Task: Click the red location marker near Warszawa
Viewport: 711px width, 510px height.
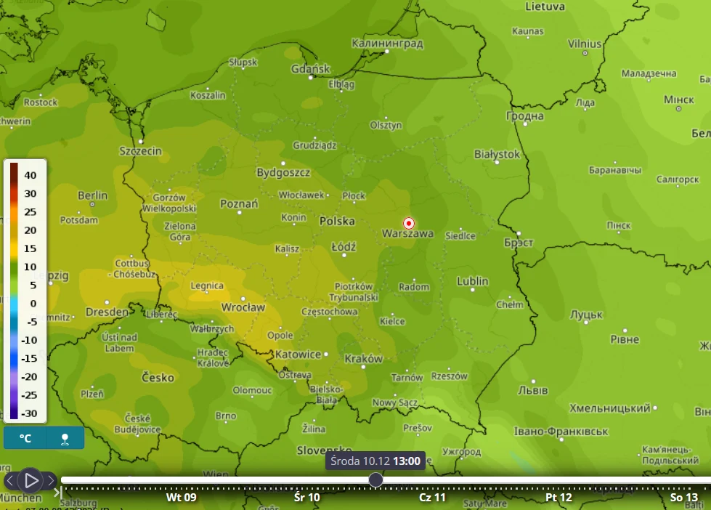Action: [x=409, y=223]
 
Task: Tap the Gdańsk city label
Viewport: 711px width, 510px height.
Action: [x=310, y=69]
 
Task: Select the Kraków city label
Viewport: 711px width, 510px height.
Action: [x=363, y=358]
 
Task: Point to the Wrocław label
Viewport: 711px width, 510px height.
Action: [x=243, y=307]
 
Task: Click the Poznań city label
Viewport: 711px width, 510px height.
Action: [x=239, y=204]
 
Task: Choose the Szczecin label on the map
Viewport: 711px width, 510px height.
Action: [x=140, y=151]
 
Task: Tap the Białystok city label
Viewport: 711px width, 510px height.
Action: [x=497, y=154]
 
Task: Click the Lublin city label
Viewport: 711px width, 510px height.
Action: [x=472, y=281]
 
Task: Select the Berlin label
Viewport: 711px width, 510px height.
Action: [x=92, y=195]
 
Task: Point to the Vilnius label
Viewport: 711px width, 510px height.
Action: [x=584, y=44]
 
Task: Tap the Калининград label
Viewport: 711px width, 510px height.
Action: [x=387, y=44]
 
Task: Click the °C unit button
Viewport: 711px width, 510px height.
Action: [x=25, y=438]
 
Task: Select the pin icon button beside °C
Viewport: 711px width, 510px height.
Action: [x=65, y=438]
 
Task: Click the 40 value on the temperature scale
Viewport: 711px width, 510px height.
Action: [x=30, y=175]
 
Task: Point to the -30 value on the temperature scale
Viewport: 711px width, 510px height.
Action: [x=28, y=413]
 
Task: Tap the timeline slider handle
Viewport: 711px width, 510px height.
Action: [x=375, y=479]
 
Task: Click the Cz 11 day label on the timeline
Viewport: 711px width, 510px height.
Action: [x=432, y=498]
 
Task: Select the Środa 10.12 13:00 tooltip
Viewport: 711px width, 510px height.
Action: [x=375, y=461]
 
